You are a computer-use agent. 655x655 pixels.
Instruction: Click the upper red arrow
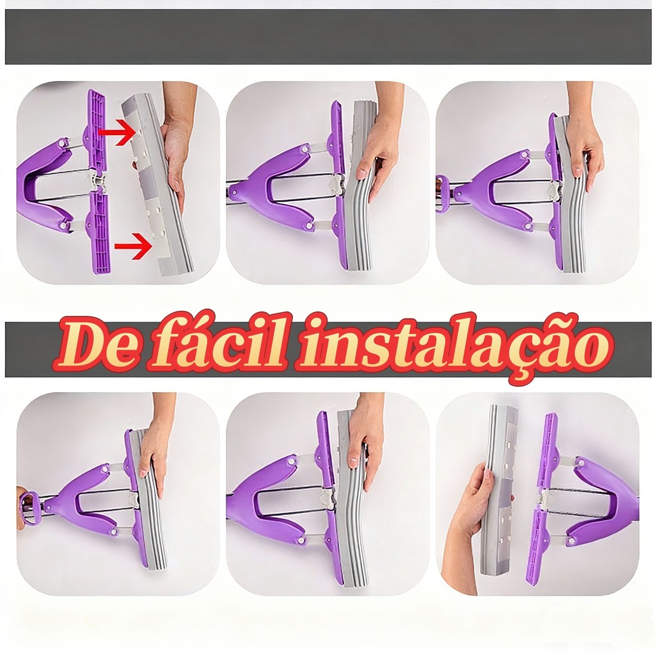[118, 132]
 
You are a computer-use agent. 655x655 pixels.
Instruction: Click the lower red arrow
[133, 246]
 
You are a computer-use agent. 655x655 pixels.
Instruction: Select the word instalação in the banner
[454, 347]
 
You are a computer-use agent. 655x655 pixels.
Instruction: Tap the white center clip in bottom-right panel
[546, 498]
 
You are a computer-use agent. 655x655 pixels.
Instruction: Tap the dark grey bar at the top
[328, 36]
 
